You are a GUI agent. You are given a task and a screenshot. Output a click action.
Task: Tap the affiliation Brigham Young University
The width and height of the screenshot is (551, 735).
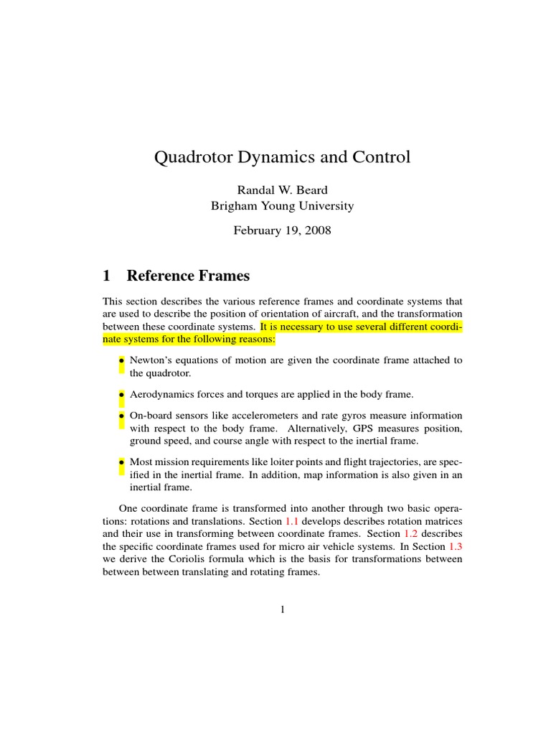[x=281, y=206]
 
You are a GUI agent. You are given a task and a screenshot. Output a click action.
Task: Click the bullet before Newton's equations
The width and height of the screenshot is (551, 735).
[x=122, y=360]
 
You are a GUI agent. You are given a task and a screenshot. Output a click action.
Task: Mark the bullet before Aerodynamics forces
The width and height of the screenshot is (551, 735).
[x=122, y=395]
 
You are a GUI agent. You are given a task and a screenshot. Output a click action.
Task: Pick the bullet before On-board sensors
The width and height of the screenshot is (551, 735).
[x=122, y=416]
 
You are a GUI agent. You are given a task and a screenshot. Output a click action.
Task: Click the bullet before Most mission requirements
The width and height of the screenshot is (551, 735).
[x=122, y=462]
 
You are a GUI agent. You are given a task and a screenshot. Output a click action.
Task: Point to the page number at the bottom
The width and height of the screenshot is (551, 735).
[x=282, y=610]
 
